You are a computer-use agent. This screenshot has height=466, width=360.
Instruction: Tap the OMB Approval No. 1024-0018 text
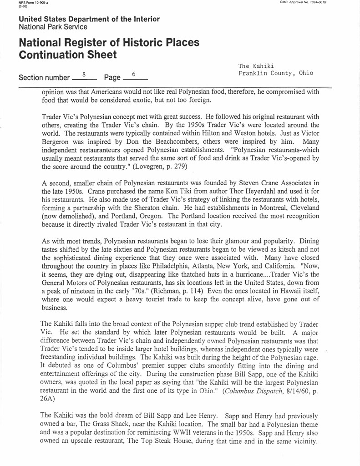310,3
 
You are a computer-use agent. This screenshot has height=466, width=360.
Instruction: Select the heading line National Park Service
53,27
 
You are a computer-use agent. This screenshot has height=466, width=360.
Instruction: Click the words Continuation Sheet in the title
68,55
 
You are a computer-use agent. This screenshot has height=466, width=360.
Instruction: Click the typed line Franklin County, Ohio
276,74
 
